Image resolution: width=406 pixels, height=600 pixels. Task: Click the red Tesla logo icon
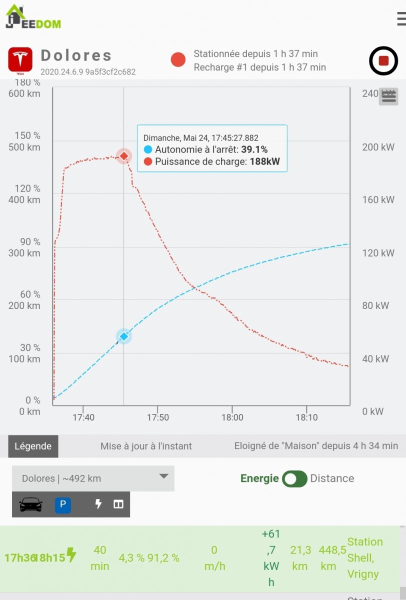pos(20,60)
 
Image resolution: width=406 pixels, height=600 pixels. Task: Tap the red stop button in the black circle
pos(383,60)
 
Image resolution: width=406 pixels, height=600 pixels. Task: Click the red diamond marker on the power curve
pos(124,156)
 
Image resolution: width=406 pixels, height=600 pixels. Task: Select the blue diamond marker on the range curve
pos(124,336)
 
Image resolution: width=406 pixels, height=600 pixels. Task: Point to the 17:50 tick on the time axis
pos(157,417)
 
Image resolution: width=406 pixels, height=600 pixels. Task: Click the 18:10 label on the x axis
pos(306,417)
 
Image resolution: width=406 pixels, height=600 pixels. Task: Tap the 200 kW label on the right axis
pos(378,147)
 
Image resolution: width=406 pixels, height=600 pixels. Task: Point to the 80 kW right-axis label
pos(378,305)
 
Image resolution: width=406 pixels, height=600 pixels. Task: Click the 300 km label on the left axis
pos(24,253)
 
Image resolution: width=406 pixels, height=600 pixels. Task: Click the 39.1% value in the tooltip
pos(254,149)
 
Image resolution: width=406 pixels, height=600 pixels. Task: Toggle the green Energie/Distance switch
pos(294,478)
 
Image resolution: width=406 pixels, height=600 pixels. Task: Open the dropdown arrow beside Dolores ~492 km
pos(163,476)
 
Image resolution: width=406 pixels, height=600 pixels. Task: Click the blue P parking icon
pos(62,505)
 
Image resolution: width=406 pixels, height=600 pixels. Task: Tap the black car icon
pos(31,505)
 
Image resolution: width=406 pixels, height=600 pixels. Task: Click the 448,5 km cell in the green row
pos(328,558)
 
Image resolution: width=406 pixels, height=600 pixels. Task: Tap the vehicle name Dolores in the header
pos(76,55)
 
